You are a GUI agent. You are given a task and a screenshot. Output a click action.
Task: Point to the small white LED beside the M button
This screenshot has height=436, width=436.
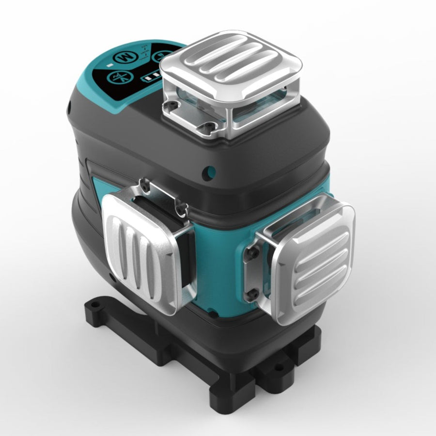click(111, 65)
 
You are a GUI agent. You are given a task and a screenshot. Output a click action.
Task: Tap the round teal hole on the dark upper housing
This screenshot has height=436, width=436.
click(210, 171)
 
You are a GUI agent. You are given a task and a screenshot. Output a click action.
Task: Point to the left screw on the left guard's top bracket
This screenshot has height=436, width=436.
click(144, 183)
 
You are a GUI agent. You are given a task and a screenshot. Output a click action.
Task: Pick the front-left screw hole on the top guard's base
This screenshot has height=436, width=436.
click(170, 104)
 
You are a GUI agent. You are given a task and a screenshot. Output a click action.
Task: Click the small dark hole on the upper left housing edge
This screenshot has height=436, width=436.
click(70, 103)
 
